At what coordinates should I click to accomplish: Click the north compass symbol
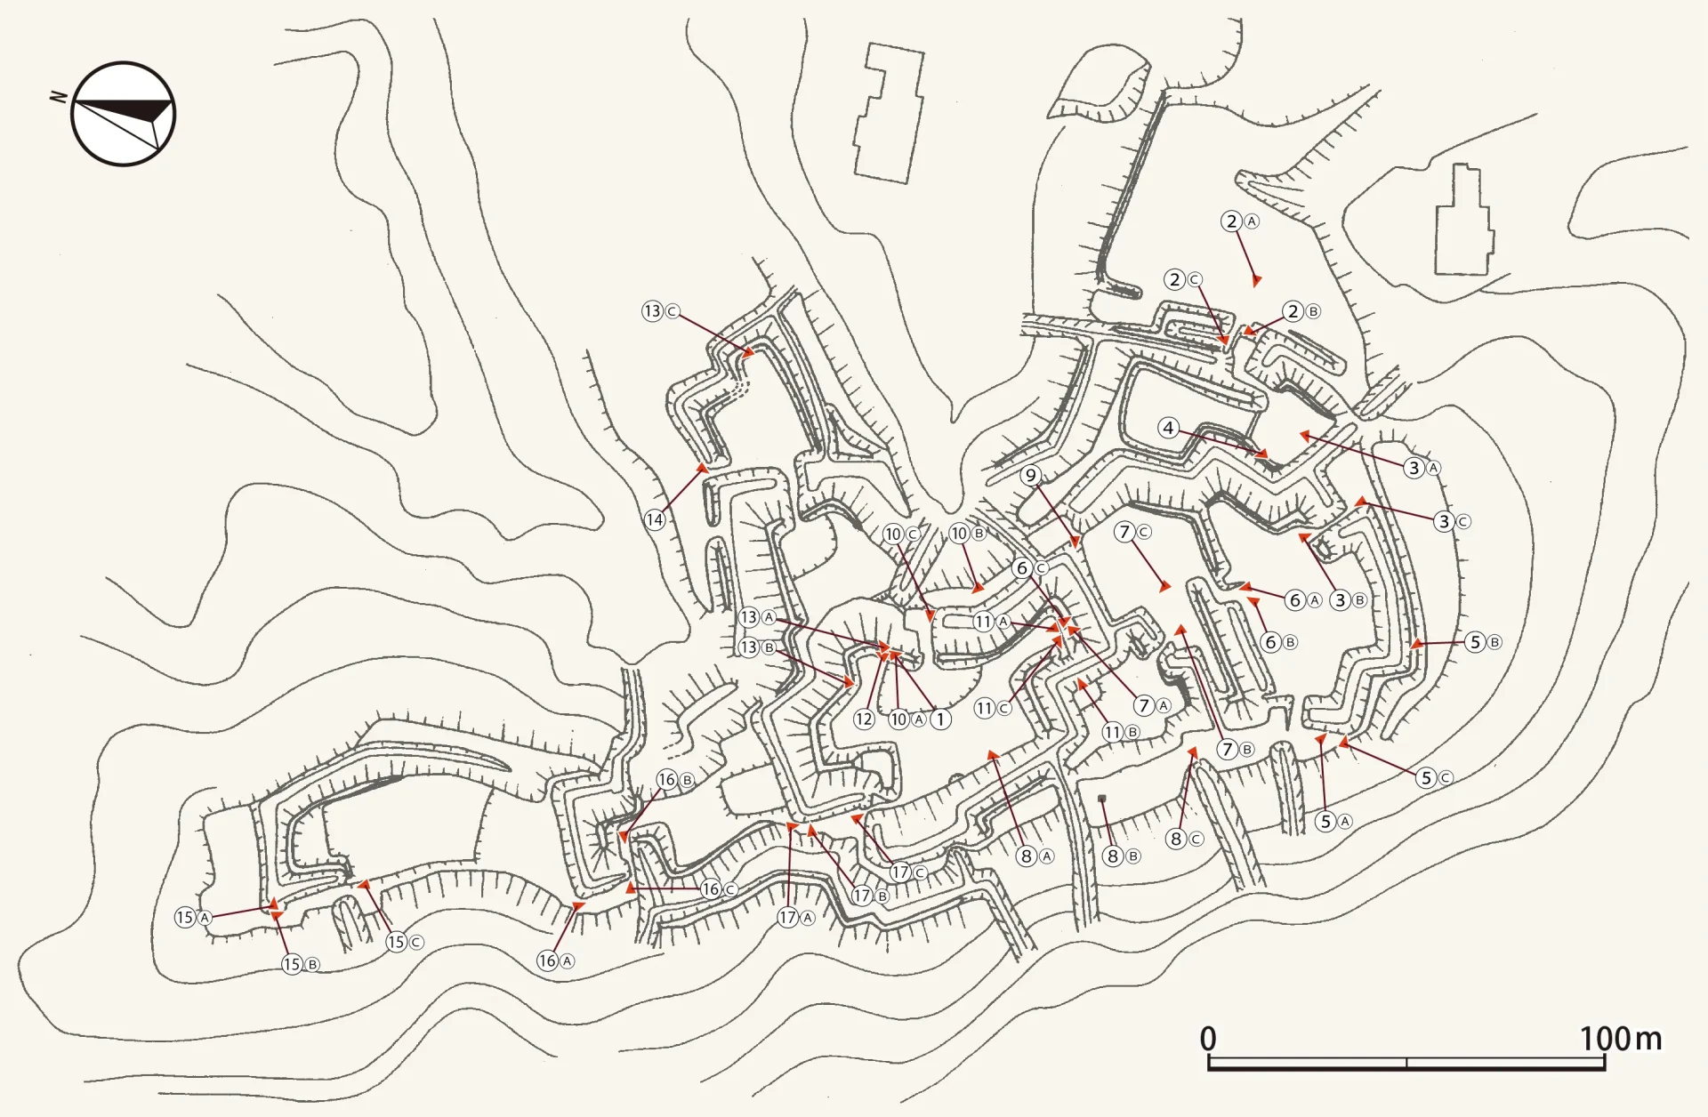tap(123, 113)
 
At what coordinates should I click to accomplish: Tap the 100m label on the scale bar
tap(1620, 1038)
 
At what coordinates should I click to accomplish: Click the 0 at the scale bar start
tap(1208, 1038)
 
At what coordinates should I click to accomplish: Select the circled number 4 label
tap(1168, 428)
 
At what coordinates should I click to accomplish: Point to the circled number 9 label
tap(1031, 475)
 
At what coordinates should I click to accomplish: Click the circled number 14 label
tap(655, 519)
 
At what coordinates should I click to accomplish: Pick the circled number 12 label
tap(864, 719)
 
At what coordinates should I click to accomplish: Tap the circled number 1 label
tap(940, 719)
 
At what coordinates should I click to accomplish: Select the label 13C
tap(661, 311)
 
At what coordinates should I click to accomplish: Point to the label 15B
tap(301, 964)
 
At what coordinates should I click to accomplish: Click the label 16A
tap(556, 960)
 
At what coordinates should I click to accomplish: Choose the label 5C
tap(1434, 777)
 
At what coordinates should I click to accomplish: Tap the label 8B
tap(1121, 856)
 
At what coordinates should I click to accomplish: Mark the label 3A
tap(1422, 468)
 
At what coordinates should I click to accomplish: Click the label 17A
tap(796, 918)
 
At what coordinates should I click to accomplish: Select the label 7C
tap(1133, 532)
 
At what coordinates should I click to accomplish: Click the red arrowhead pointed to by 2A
tap(1256, 281)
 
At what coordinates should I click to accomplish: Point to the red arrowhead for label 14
tap(702, 467)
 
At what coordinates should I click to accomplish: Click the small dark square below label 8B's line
tap(1102, 799)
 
